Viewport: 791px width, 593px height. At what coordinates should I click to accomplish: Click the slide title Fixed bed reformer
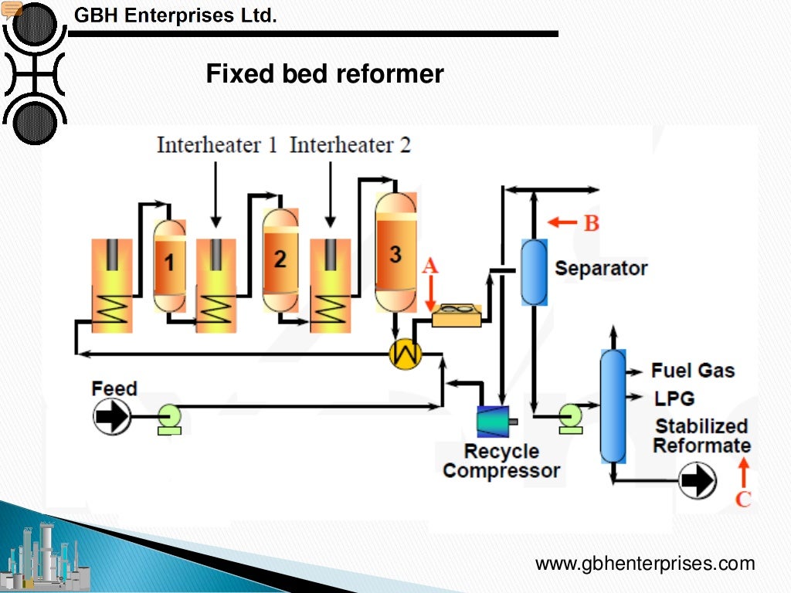[x=324, y=74]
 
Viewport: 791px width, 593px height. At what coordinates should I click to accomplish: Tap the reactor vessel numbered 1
[x=169, y=265]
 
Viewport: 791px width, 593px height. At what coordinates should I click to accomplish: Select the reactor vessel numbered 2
[x=279, y=259]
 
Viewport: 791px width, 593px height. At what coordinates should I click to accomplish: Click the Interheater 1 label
[x=216, y=144]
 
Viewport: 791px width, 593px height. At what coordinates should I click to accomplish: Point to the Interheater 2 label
[x=350, y=144]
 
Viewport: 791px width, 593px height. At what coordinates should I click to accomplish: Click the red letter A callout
[x=430, y=266]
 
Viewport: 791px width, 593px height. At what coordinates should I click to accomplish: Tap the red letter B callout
[x=591, y=223]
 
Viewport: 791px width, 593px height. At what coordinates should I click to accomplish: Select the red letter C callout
[x=743, y=499]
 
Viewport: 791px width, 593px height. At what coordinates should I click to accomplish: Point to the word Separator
[x=601, y=269]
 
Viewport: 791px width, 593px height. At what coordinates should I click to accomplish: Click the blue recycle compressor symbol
[x=493, y=421]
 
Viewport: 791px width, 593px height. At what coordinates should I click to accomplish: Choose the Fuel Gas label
[x=693, y=371]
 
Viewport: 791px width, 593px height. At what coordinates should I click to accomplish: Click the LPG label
[x=674, y=398]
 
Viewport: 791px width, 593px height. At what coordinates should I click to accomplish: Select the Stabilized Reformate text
[x=701, y=436]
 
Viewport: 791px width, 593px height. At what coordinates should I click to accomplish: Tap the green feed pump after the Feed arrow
[x=169, y=418]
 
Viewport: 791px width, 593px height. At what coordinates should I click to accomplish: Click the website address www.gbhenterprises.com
[x=645, y=564]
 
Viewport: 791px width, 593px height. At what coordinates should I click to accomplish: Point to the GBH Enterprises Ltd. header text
[x=175, y=15]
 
